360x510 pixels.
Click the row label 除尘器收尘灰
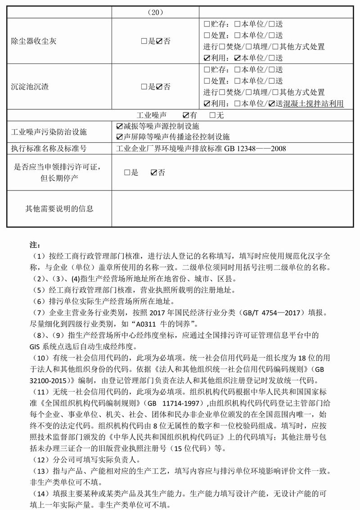[34, 41]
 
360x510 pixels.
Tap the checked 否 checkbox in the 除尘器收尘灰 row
[159, 41]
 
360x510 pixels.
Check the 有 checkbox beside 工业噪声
[186, 115]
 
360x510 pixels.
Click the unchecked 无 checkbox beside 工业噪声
[212, 115]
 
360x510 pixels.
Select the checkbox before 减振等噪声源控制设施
[119, 126]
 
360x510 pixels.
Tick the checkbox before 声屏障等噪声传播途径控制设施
[119, 137]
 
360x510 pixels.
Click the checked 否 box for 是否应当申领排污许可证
[153, 172]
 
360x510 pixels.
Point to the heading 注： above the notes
[35, 245]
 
